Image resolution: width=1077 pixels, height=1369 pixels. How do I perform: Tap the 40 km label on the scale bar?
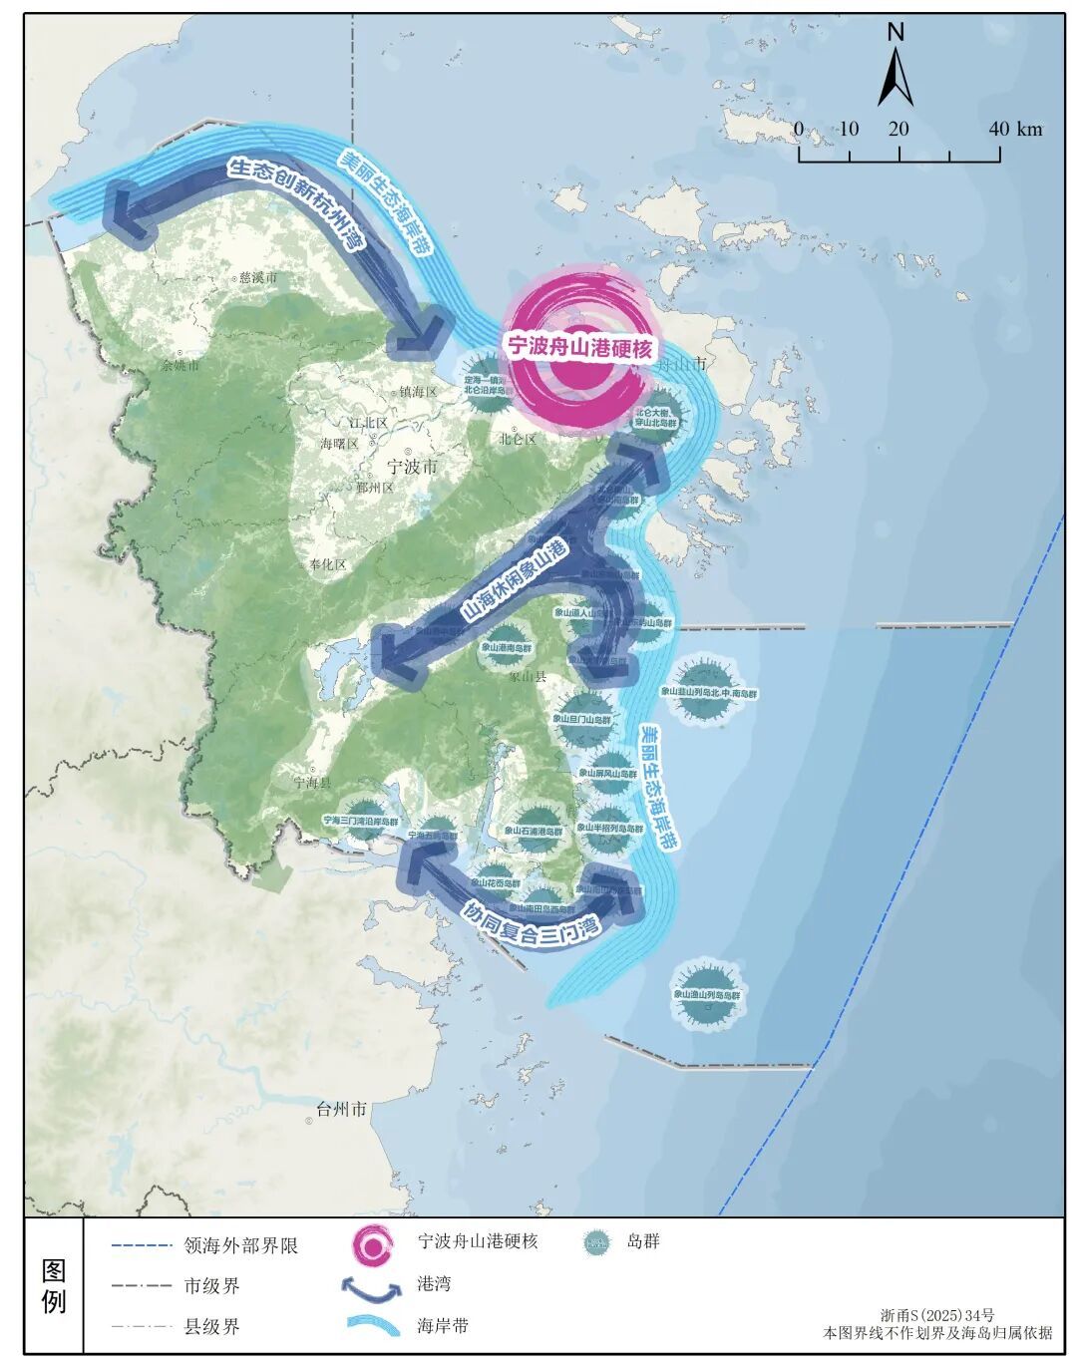(1015, 129)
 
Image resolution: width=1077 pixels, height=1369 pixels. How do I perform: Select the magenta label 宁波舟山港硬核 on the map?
(579, 347)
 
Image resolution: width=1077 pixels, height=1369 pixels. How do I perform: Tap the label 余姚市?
(180, 365)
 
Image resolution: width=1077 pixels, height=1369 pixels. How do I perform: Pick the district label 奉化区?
(327, 564)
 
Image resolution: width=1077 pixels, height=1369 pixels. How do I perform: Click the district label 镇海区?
(419, 392)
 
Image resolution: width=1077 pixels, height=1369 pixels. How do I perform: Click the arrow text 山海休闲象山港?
(515, 579)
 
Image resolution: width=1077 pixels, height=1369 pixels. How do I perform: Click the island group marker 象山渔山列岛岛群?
(707, 993)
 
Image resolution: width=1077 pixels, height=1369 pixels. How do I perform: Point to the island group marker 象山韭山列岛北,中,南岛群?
(709, 691)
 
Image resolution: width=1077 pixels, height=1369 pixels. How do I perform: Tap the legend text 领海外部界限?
(241, 1245)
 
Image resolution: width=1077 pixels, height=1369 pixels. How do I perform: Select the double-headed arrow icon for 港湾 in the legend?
(372, 1288)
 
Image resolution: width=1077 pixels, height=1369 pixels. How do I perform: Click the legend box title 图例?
(54, 1286)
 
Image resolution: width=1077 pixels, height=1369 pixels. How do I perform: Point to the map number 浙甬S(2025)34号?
(937, 1316)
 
